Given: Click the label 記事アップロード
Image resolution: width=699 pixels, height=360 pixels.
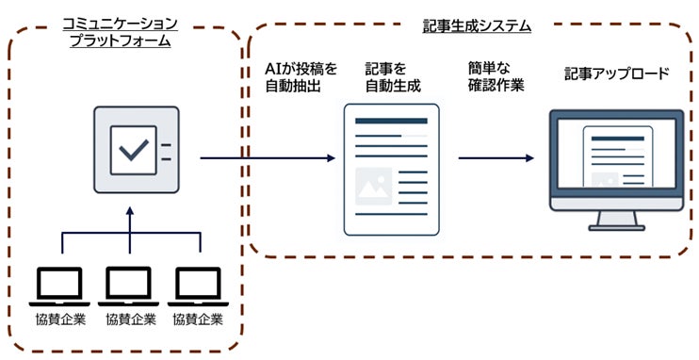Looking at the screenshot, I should (x=616, y=73).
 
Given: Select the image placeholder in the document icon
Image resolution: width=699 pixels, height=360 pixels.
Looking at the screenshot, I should (x=374, y=187).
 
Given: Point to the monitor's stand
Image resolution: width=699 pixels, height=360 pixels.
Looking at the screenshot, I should (x=616, y=222).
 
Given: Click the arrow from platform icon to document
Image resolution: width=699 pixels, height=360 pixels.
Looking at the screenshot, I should (x=268, y=157).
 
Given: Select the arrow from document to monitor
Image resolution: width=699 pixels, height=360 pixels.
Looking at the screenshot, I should (x=496, y=157).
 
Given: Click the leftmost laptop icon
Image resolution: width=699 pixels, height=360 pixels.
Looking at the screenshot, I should (x=61, y=285).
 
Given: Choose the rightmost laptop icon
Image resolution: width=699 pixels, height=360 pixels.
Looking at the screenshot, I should (x=198, y=285).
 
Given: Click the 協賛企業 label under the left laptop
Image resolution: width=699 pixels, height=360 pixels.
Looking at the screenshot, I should (x=61, y=319).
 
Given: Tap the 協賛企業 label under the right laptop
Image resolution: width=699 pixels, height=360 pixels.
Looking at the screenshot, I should (x=198, y=319).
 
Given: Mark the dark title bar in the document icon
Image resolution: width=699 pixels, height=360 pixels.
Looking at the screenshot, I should (x=391, y=121).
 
